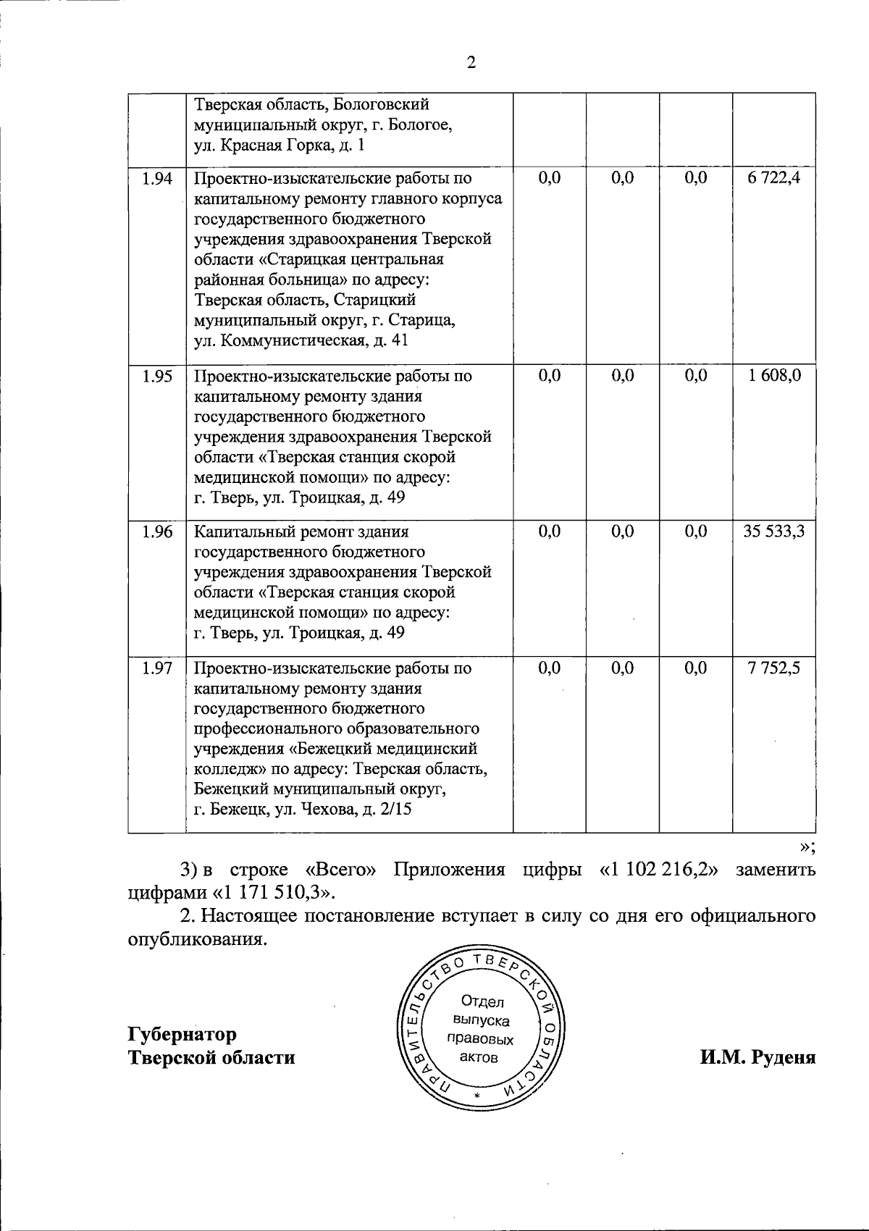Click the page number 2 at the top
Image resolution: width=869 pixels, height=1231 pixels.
471,63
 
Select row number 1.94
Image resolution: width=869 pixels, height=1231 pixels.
157,178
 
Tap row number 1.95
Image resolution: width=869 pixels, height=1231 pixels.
157,376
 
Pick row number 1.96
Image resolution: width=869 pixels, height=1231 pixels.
157,532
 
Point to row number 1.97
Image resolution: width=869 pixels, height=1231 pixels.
157,668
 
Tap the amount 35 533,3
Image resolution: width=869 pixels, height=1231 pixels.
774,532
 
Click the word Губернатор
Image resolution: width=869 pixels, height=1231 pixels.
182,1033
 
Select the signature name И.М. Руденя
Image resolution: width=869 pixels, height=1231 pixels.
757,1057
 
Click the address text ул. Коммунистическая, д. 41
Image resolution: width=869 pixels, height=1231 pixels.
301,340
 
